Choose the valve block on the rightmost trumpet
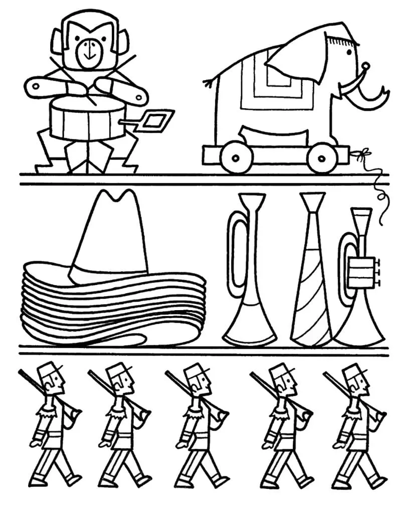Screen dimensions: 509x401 pos(362,271)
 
